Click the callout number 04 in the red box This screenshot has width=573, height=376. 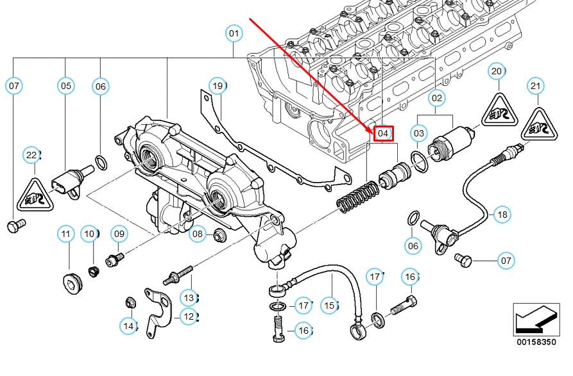pos(383,133)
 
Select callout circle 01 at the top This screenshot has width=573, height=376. pos(234,33)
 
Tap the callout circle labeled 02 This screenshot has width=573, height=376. pos(436,98)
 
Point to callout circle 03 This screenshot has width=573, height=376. pos(419,133)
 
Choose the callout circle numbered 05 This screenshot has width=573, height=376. pos(66,85)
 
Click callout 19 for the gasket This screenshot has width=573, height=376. pos(218,85)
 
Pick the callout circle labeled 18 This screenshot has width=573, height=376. pos(502,214)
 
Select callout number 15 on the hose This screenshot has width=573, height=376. pos(330,306)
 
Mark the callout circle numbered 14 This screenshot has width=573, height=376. pos(128,326)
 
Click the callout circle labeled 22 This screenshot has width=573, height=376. pos(31,154)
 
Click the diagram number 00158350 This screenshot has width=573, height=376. pos(536,343)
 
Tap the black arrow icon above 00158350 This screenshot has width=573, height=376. pos(535,318)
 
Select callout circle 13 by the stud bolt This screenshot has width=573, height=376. pos(188,297)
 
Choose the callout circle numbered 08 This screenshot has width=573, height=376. pos(198,234)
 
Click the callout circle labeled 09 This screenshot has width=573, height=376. pos(119,234)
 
